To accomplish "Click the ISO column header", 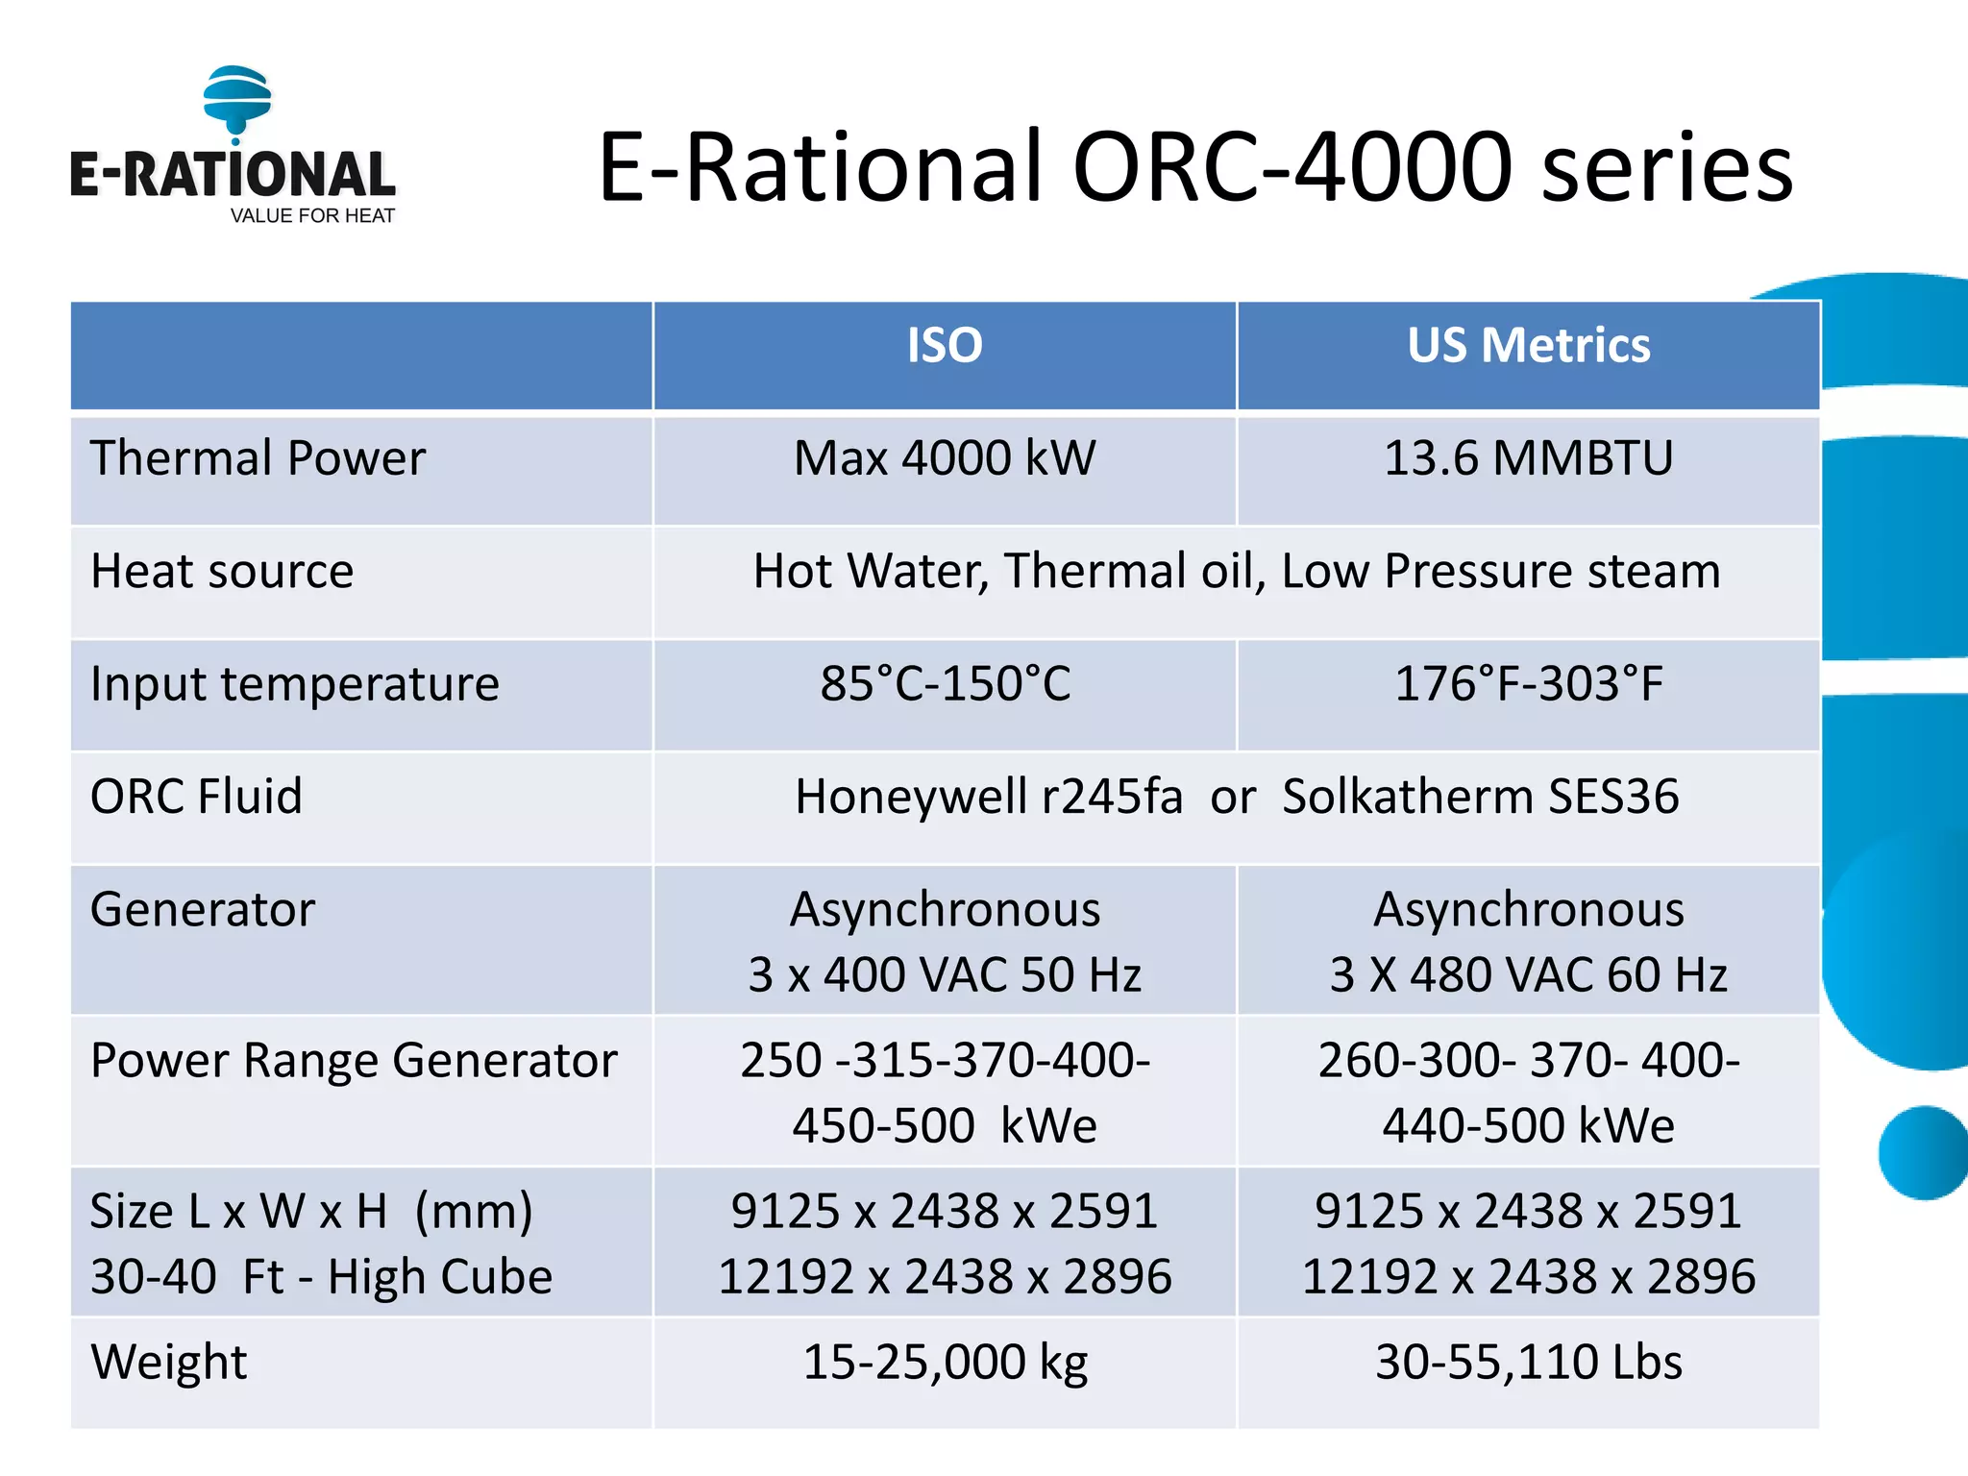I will click(945, 346).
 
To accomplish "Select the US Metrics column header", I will click(1528, 346).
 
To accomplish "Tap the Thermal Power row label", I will click(258, 458).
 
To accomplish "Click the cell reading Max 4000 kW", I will click(945, 458).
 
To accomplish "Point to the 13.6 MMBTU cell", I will click(1528, 458).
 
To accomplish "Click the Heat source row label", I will click(222, 572).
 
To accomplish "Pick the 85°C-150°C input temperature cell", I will click(945, 684).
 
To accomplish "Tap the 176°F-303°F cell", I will click(1528, 684).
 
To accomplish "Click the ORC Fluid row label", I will click(196, 797).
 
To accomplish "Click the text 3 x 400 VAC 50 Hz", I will click(945, 975).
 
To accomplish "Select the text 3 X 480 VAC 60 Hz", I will click(1528, 975).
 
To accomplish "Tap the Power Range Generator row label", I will click(354, 1061).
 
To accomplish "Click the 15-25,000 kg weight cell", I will click(945, 1363).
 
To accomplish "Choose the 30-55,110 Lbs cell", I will click(1528, 1363).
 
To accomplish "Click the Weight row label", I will click(169, 1363).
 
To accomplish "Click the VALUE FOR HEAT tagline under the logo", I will click(312, 216).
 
